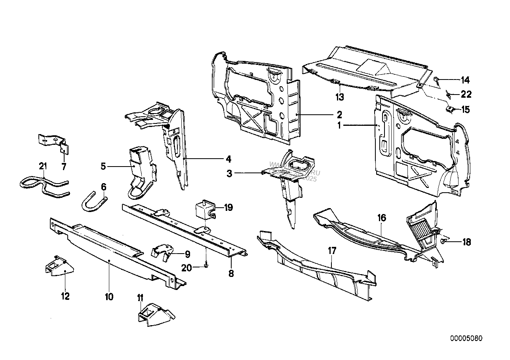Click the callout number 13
click(340, 97)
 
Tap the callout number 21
click(43, 166)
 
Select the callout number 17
click(332, 250)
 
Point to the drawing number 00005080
click(466, 339)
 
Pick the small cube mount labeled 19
click(205, 209)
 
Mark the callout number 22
click(466, 94)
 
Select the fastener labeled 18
click(443, 240)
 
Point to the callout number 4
click(228, 159)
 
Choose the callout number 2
click(339, 115)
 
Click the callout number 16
click(382, 218)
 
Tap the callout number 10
click(109, 296)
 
